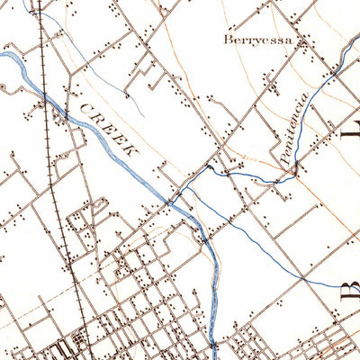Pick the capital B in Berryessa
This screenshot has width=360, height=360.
227,40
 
